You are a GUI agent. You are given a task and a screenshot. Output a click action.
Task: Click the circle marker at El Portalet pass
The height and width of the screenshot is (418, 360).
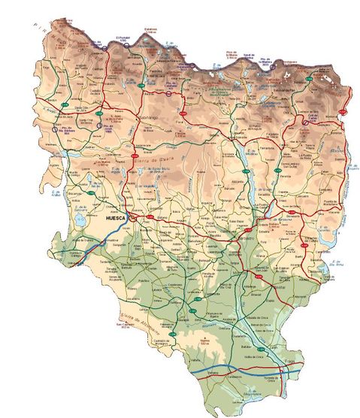click(127, 46)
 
